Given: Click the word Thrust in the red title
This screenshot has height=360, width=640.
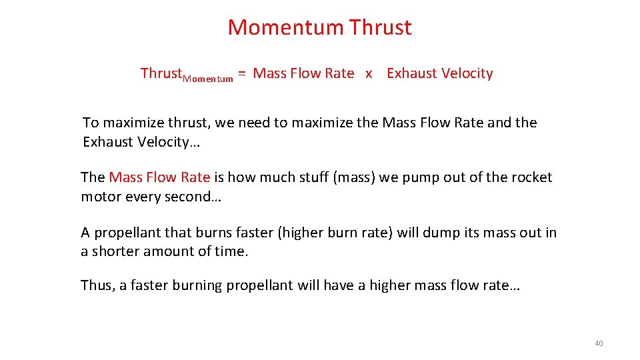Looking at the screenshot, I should [381, 27].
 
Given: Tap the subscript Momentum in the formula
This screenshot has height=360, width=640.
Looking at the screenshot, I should [207, 79].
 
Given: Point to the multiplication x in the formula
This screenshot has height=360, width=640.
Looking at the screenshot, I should [369, 74].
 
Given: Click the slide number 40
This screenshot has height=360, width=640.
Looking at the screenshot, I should [598, 343].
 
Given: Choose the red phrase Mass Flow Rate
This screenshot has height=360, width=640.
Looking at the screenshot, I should [159, 177].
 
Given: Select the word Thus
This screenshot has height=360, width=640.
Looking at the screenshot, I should [96, 285].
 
